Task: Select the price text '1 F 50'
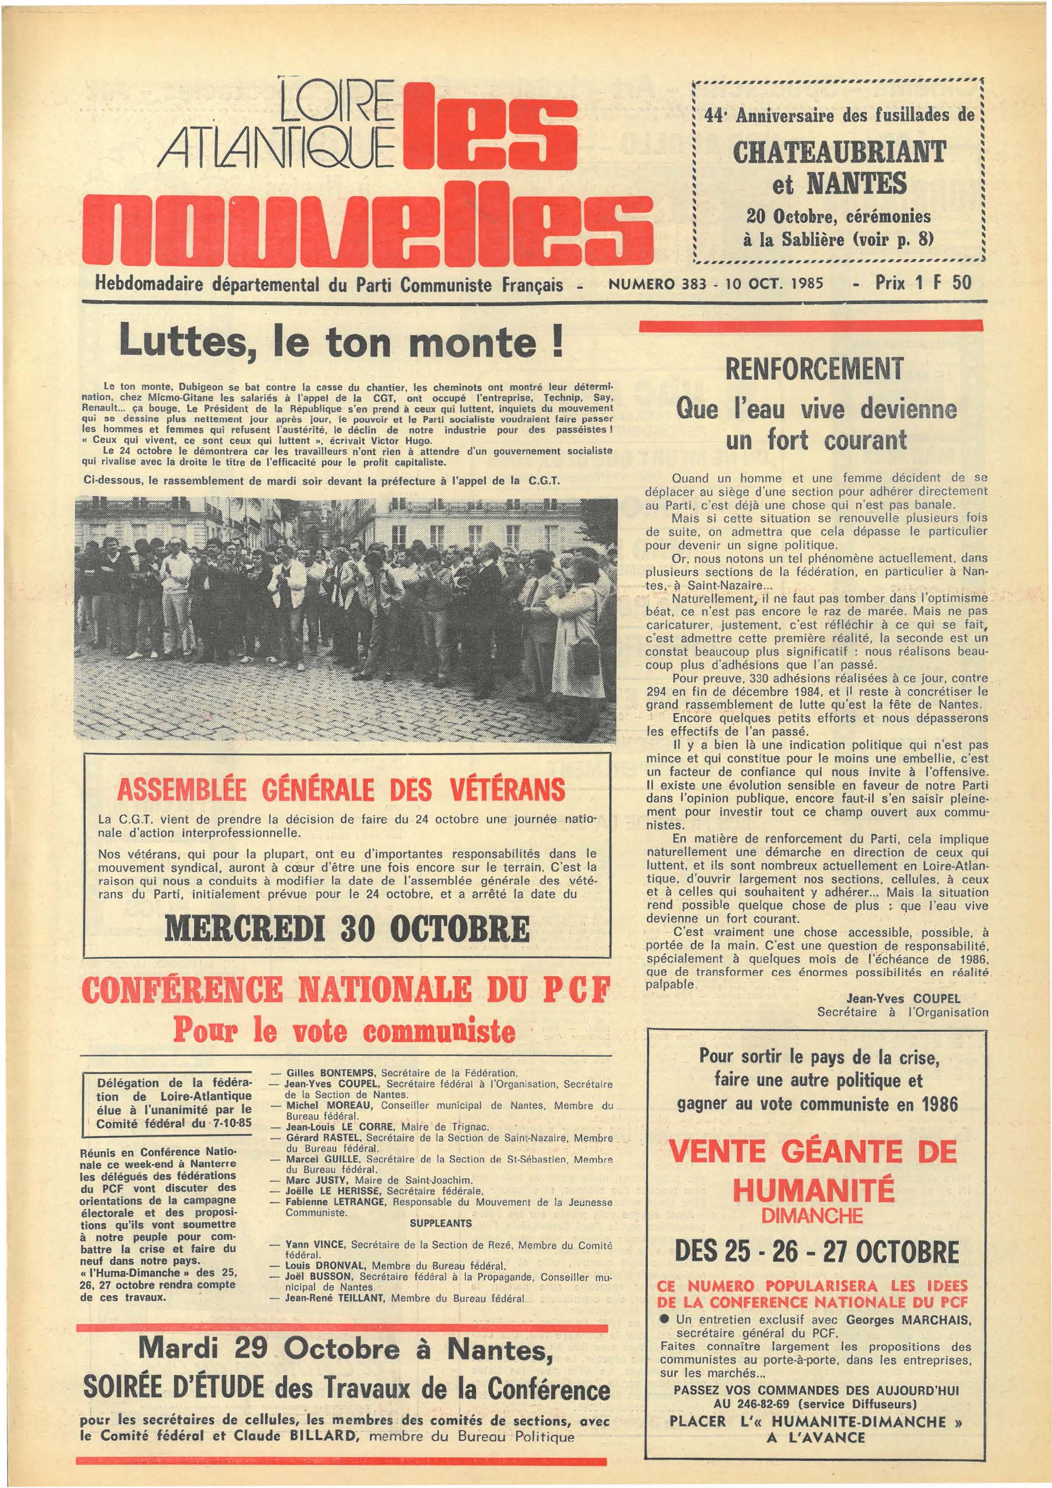point(946,283)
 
